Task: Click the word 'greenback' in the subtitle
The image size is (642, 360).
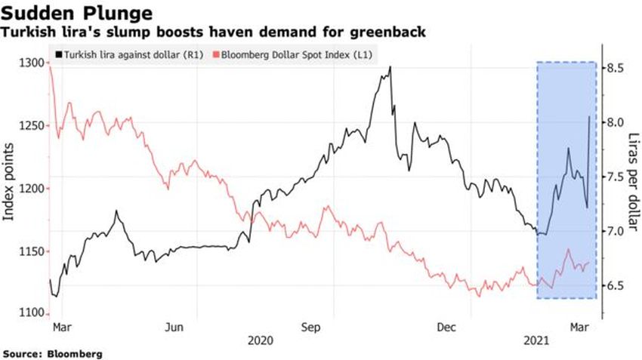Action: point(392,32)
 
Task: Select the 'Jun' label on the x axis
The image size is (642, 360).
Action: point(174,328)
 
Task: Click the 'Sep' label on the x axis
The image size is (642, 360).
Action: point(310,328)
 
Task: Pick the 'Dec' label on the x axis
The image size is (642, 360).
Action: point(446,328)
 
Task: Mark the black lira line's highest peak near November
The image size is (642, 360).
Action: point(390,67)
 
